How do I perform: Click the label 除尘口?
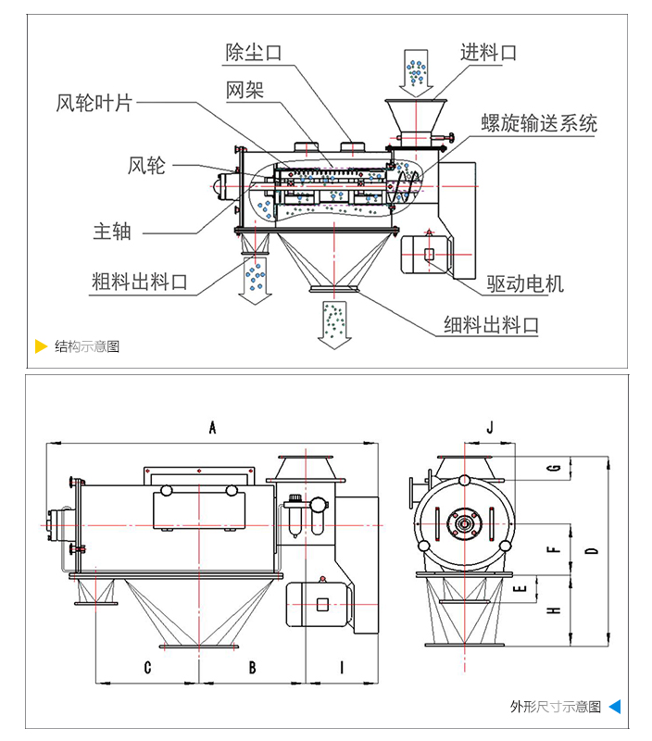tap(254, 53)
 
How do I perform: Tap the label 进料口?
tap(488, 53)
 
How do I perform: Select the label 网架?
tap(244, 91)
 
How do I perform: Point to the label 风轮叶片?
tap(94, 103)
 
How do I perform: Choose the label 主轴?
tap(112, 231)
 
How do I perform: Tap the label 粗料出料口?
tap(140, 281)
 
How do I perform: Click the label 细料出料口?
tap(491, 324)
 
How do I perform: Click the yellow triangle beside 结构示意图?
tap(41, 346)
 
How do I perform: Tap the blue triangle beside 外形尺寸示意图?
tap(614, 707)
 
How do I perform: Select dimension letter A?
tap(212, 428)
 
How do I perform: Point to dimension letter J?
tap(491, 427)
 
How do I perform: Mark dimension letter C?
tap(147, 666)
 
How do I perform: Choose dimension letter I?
tap(342, 666)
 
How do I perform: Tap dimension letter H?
tap(554, 610)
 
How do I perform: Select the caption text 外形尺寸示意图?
tap(556, 707)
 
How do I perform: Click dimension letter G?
tap(554, 469)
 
